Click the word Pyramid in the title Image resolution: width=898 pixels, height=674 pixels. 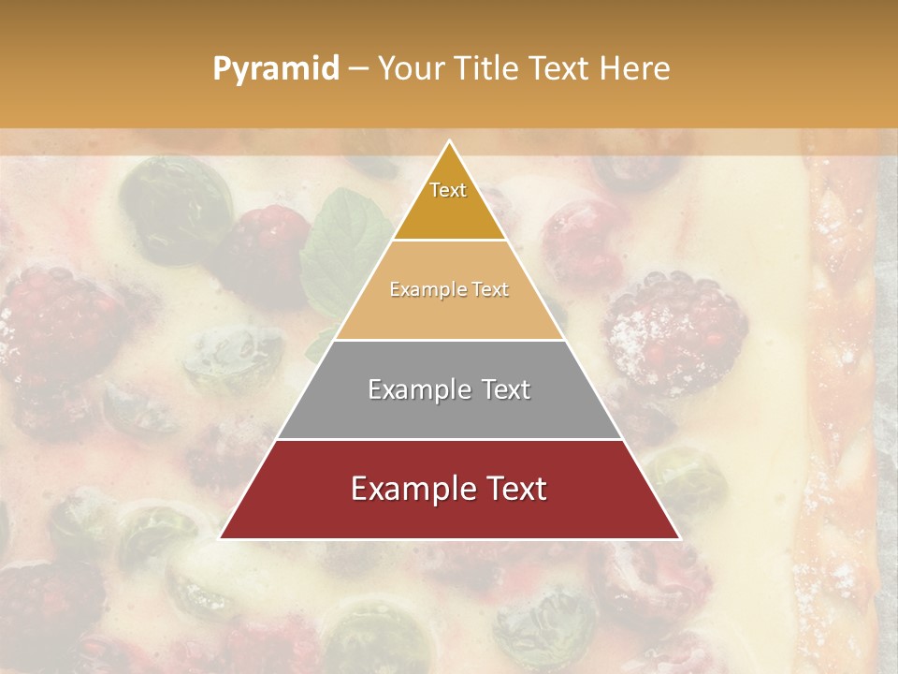[x=275, y=69]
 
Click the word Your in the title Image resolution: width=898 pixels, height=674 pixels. [x=413, y=69]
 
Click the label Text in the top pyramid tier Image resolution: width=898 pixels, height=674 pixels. [x=448, y=190]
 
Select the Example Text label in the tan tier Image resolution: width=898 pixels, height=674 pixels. [x=449, y=289]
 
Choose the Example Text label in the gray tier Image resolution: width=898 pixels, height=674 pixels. [x=449, y=389]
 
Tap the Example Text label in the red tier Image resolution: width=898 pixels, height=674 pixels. [x=449, y=489]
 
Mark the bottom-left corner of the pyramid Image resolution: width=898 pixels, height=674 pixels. [x=221, y=538]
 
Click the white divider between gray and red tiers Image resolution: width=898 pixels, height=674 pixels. [x=449, y=439]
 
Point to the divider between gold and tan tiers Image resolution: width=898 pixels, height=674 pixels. [x=449, y=241]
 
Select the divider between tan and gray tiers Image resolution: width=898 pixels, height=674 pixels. [x=449, y=340]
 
